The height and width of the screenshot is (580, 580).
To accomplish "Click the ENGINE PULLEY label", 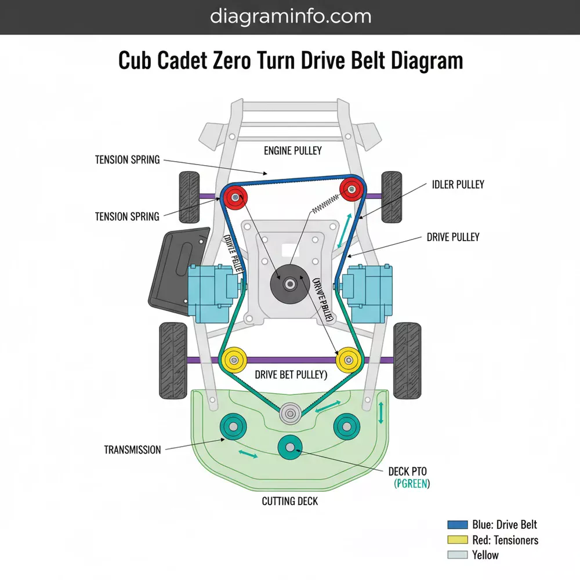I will [292, 151].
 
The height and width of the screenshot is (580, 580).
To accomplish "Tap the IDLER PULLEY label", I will [458, 184].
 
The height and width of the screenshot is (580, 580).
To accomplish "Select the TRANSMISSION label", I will [132, 449].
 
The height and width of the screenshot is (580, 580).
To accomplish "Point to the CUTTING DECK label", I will [290, 501].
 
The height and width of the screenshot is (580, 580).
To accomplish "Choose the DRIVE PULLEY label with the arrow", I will [453, 237].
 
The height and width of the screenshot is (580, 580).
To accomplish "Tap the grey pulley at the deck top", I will [289, 414].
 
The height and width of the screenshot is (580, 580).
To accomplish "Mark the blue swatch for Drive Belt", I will [458, 525].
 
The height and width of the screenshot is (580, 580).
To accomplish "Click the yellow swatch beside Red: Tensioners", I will [458, 540].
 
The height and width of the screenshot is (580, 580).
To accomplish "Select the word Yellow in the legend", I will [485, 555].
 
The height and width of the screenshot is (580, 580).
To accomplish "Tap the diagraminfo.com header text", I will [290, 16].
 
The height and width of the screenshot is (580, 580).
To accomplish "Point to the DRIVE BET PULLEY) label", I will [291, 375].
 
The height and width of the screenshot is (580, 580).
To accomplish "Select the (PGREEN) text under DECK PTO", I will [412, 483].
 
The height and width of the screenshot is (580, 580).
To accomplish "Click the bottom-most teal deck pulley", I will [289, 446].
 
